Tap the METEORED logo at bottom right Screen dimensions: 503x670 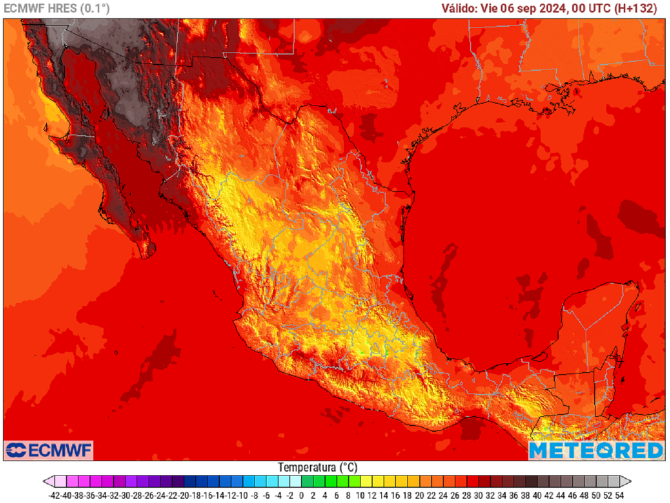pos(596,450)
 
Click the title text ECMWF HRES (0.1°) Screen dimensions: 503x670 pos(57,9)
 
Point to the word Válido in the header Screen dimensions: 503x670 pos(458,9)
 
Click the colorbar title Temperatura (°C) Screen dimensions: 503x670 pos(318,468)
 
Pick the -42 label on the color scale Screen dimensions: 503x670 pos(56,496)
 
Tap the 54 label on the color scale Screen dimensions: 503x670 pos(619,496)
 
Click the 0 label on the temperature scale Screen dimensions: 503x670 pos(302,496)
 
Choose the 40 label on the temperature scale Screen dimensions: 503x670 pos(537,496)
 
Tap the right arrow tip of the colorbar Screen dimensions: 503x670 pos(629,481)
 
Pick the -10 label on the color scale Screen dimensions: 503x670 pos(243,496)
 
